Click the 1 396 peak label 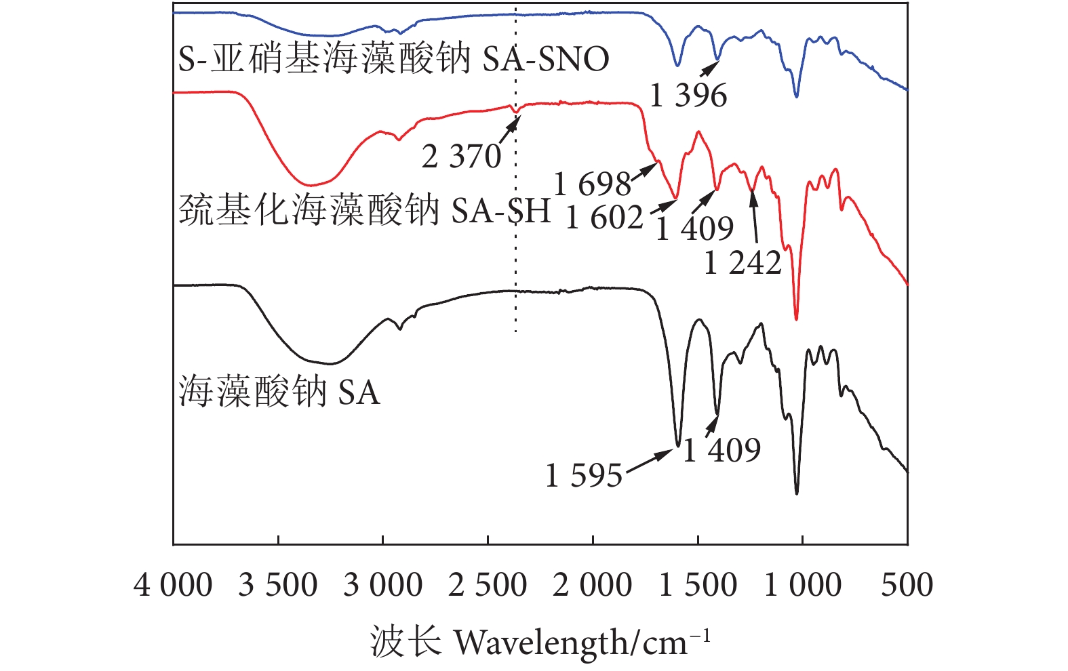688,95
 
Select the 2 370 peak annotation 461,157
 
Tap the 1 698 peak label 592,184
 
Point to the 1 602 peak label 604,218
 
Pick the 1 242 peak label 743,263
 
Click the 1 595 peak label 584,476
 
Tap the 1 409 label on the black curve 721,450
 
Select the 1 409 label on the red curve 694,228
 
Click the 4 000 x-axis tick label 173,585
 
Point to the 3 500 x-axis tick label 278,585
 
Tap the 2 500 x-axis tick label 488,585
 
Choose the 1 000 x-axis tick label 803,585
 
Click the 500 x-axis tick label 907,585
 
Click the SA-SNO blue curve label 393,59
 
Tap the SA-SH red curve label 364,210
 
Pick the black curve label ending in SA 279,392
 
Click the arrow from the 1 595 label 649,461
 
